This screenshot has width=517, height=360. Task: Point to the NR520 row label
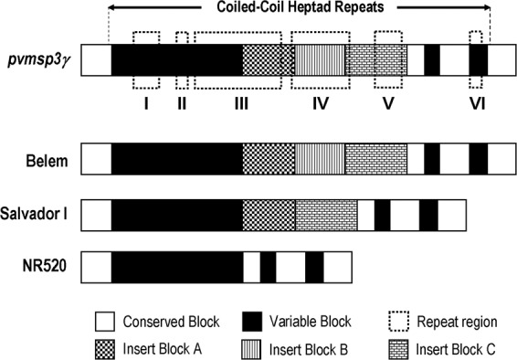pos(47,267)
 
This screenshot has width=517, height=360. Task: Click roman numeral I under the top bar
pos(146,103)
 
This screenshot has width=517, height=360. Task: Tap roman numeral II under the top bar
pos(182,103)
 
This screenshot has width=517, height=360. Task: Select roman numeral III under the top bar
pos(241,103)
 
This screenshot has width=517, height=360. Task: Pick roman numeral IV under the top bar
pos(320,103)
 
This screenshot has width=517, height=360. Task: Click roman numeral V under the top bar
pos(389,103)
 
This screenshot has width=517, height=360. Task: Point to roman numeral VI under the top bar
pos(477,103)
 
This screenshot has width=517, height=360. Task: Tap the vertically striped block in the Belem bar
pos(320,160)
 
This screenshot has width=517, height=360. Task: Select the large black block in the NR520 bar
pos(177,267)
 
